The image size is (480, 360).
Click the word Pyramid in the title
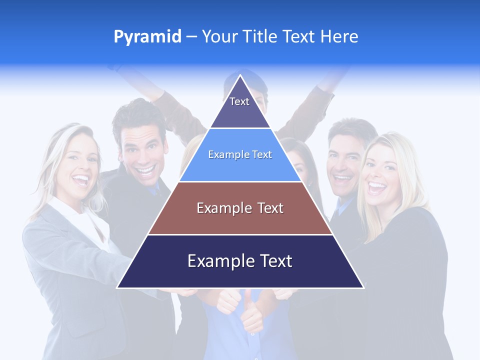point(147,37)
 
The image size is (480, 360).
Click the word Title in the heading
point(260,36)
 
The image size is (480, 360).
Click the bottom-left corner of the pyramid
point(118,287)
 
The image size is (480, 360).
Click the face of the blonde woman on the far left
point(80,162)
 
